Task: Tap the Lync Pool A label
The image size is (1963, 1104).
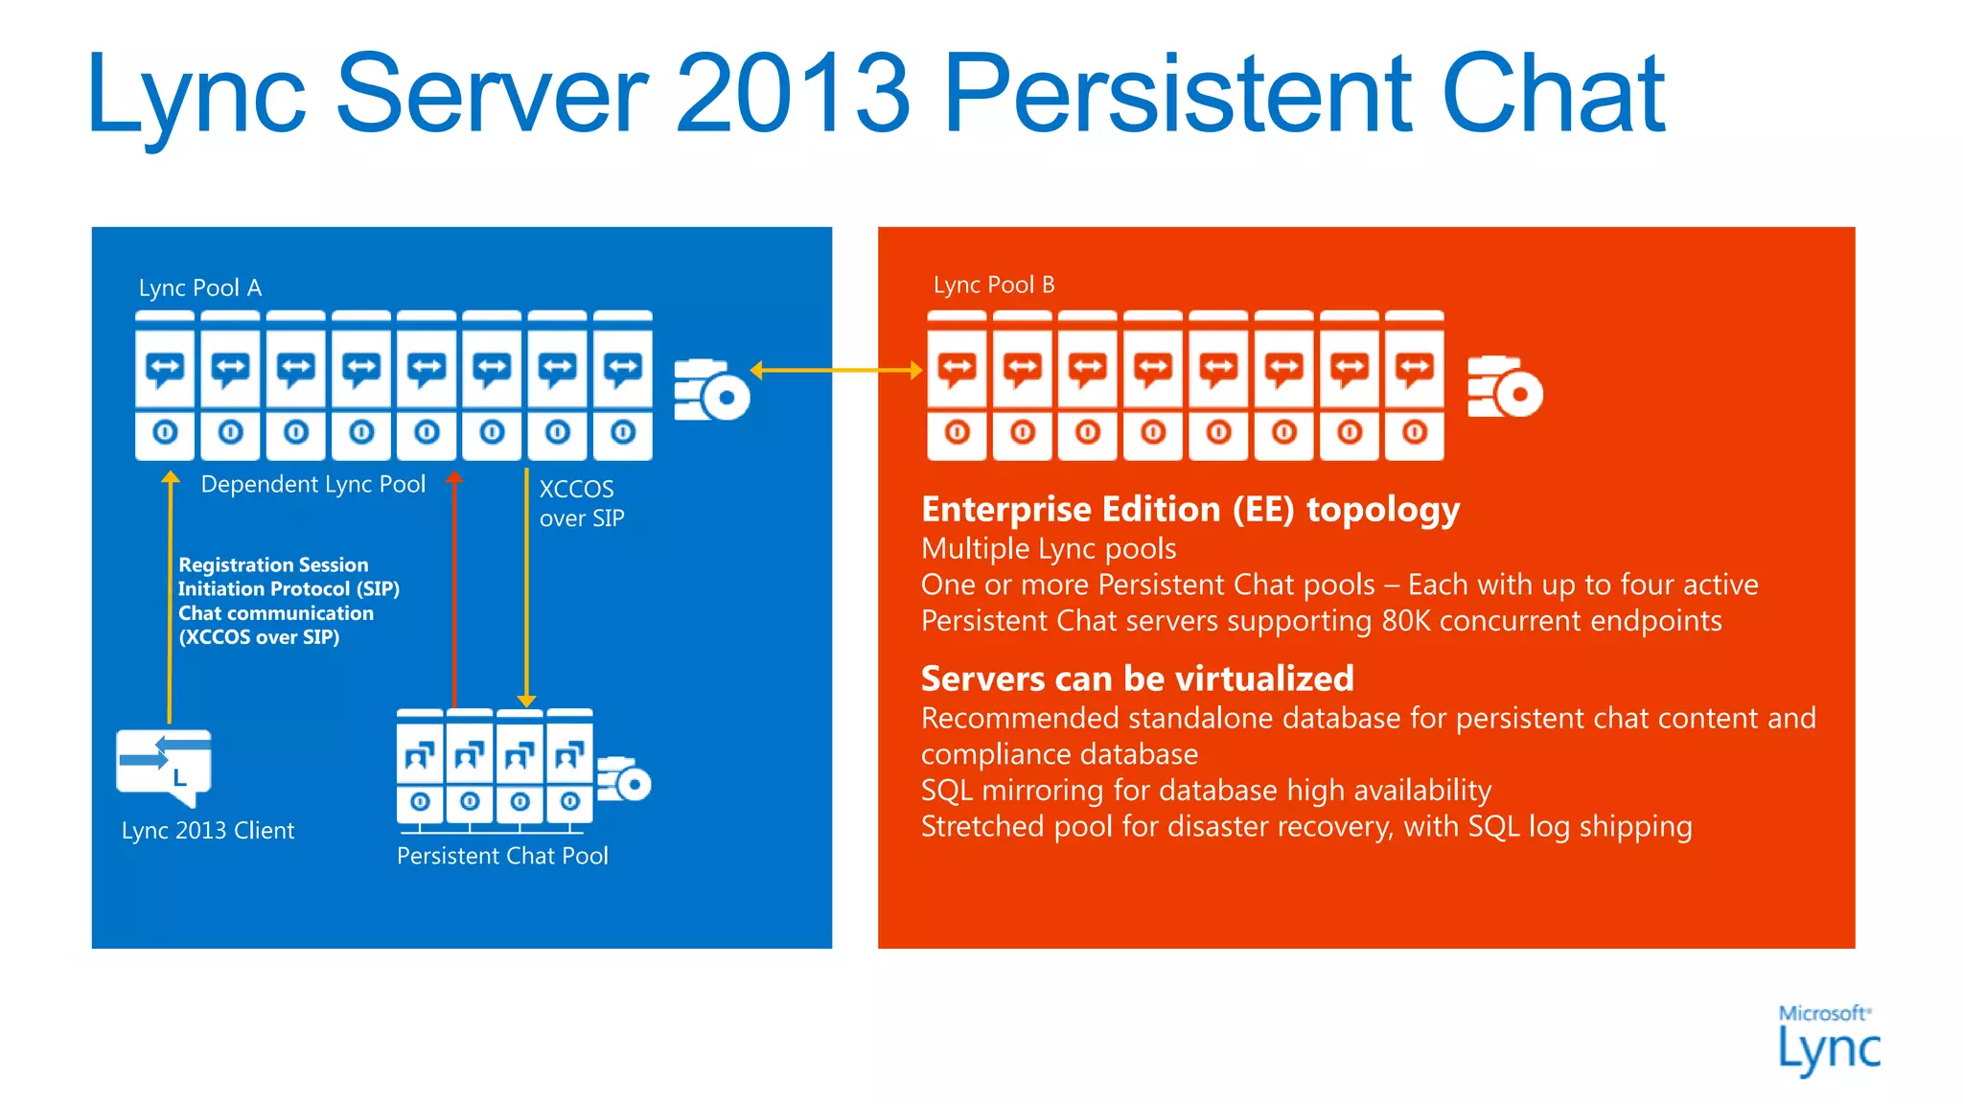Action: [x=199, y=287]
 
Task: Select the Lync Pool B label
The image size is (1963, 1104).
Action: [x=993, y=285]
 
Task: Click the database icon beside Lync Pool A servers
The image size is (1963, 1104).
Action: [x=710, y=390]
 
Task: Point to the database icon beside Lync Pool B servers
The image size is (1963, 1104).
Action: [x=1504, y=387]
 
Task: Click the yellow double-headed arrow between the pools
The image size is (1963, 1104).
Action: [x=836, y=370]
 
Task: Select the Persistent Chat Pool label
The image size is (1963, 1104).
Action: [x=502, y=856]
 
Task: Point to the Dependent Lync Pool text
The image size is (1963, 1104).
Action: [x=312, y=485]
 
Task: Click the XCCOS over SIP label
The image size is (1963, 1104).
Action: [x=581, y=503]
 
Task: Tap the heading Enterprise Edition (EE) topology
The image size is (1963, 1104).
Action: [x=1189, y=510]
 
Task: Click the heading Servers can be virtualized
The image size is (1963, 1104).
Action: [x=1137, y=678]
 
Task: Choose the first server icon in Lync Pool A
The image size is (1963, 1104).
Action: [x=165, y=385]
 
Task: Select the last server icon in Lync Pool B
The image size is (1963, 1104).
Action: [x=1414, y=385]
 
